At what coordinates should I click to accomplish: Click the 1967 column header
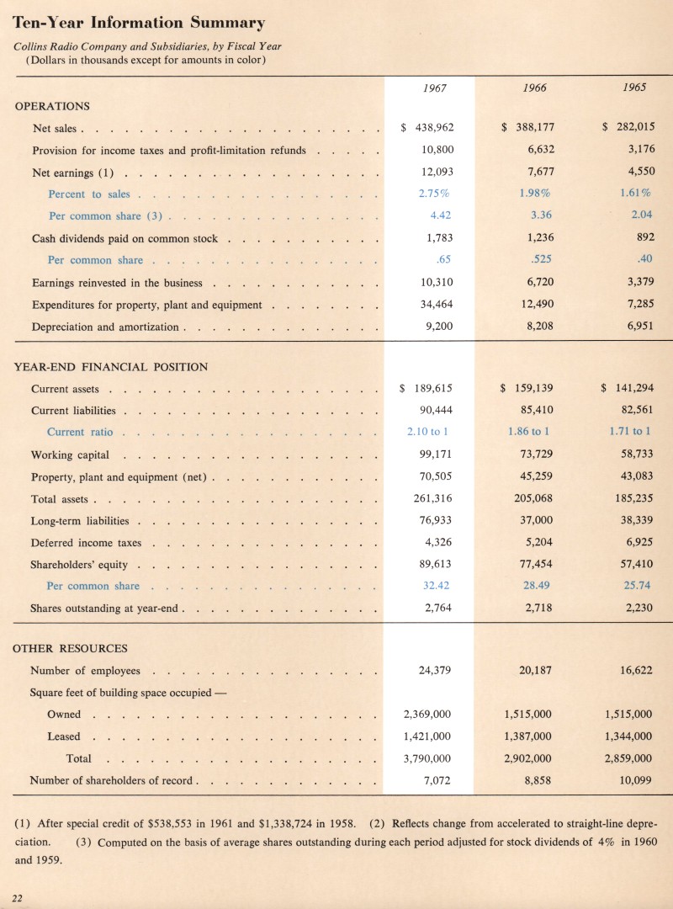pyautogui.click(x=433, y=88)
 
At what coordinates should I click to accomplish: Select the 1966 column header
pyautogui.click(x=534, y=88)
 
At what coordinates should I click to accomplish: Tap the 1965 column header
pyautogui.click(x=635, y=88)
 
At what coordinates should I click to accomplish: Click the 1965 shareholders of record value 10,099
pyautogui.click(x=635, y=780)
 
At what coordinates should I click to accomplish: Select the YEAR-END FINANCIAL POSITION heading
pyautogui.click(x=112, y=366)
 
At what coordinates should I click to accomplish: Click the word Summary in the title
pyautogui.click(x=221, y=23)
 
